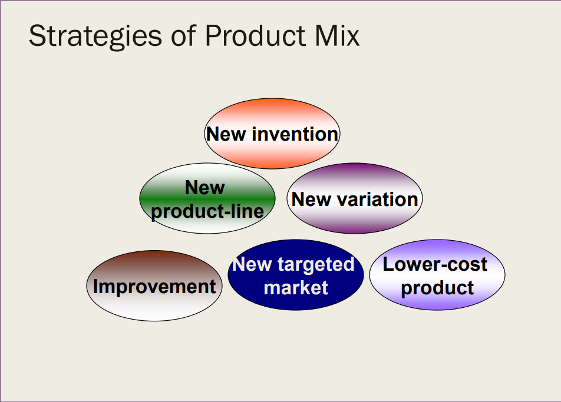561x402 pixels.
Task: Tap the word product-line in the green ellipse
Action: click(207, 211)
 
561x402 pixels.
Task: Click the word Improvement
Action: click(154, 287)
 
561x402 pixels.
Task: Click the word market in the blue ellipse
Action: click(295, 287)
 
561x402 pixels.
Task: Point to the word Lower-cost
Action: click(435, 264)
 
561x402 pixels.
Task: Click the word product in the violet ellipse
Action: click(437, 287)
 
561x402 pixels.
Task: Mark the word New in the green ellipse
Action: click(205, 188)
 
